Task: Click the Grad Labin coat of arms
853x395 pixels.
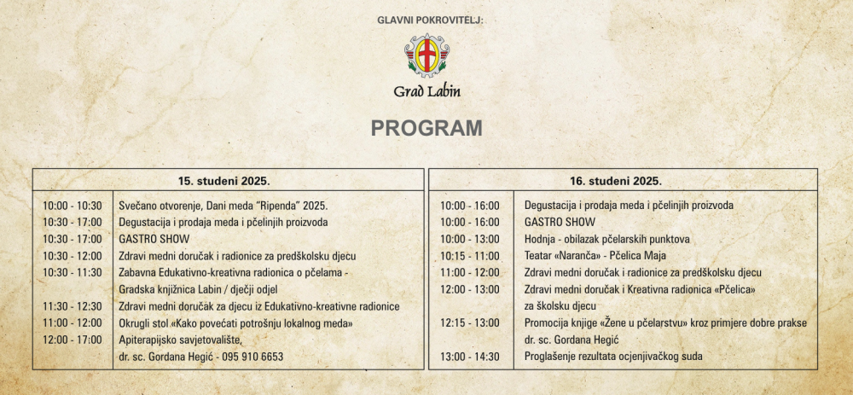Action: (426, 55)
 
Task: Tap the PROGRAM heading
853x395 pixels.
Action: (426, 128)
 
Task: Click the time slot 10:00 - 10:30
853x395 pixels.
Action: (73, 206)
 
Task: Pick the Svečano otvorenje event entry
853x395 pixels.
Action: (223, 206)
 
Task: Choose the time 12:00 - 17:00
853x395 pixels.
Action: (73, 340)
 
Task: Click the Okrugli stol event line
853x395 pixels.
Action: (236, 323)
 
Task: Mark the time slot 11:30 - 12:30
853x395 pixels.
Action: (73, 306)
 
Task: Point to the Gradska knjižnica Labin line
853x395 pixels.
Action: (204, 289)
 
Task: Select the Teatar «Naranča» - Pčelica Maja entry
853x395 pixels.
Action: (595, 256)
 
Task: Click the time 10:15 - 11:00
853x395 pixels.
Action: (470, 256)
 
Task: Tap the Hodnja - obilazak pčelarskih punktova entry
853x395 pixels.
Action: (607, 239)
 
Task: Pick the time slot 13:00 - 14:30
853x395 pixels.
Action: (470, 357)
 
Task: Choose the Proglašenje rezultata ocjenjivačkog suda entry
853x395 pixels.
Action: (613, 357)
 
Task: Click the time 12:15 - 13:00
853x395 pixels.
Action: (470, 323)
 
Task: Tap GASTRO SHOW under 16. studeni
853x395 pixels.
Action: (560, 222)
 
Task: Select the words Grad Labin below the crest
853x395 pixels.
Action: (426, 91)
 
